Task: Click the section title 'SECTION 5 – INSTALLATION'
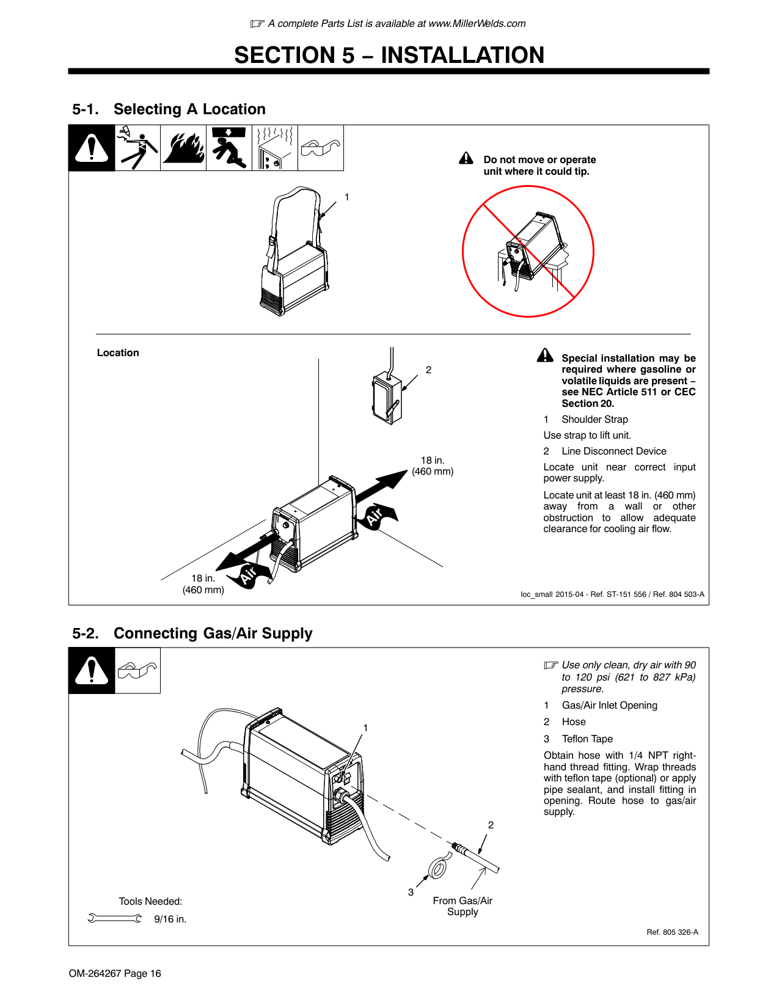[389, 55]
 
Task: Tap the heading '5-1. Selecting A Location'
[169, 109]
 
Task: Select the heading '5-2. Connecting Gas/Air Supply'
[192, 634]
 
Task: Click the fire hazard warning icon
[183, 148]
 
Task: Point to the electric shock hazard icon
[137, 148]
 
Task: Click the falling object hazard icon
[229, 148]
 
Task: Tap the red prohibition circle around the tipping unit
[528, 252]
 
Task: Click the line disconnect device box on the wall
[387, 398]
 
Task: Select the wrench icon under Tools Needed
[114, 918]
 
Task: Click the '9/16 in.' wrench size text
[170, 919]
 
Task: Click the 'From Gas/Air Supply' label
[463, 906]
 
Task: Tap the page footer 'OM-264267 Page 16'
[115, 973]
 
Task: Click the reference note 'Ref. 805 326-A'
[672, 932]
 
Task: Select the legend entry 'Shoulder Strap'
[594, 419]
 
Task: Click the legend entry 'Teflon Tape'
[587, 739]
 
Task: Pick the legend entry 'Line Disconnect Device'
[613, 451]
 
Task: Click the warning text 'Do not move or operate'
[539, 159]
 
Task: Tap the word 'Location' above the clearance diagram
[118, 352]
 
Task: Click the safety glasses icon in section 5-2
[137, 671]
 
